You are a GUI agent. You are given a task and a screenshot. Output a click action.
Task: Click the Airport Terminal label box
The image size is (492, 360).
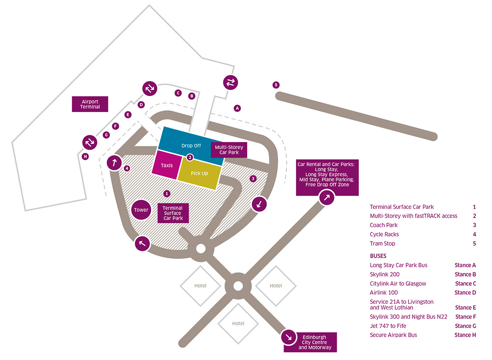pos(90,104)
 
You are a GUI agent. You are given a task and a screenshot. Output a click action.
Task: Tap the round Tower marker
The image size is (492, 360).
pos(141,210)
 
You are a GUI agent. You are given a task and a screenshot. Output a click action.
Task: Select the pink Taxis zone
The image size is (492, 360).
pos(167,165)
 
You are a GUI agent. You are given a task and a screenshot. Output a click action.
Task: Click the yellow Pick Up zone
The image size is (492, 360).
pos(199,173)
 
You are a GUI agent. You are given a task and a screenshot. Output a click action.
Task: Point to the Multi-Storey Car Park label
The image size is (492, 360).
pos(229,150)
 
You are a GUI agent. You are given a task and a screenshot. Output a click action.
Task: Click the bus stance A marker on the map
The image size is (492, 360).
pos(237,108)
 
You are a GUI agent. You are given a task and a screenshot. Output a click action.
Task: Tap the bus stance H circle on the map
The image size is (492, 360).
pos(85,156)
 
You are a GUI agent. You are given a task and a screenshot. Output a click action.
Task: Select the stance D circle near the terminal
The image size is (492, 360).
pos(141,105)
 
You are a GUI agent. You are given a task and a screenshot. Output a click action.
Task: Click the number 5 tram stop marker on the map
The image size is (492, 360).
pos(276,85)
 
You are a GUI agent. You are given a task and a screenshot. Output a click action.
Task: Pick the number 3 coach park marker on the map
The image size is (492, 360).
pos(253,178)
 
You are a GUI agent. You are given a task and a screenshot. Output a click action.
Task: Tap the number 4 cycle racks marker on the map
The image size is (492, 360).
pos(127,168)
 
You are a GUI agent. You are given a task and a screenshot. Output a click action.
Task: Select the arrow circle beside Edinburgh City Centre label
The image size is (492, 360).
pos(289,337)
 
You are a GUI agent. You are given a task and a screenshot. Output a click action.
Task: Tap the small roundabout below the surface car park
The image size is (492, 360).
pos(200,249)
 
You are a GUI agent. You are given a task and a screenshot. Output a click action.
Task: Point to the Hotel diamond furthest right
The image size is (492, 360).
pos(276,286)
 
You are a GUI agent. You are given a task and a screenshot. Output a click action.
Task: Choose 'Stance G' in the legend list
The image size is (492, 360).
pos(465,326)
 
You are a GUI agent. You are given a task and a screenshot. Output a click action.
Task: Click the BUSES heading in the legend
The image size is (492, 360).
pos(379,255)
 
